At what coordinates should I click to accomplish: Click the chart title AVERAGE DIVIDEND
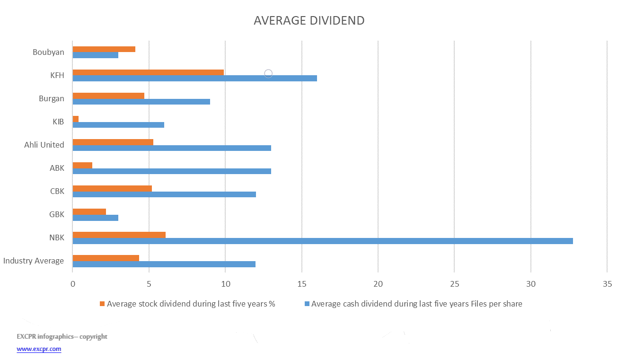(309, 21)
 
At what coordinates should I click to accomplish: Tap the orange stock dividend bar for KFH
(148, 72)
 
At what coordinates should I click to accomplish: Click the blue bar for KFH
(194, 79)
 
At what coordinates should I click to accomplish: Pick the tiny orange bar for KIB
(76, 119)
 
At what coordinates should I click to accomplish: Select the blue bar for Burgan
(141, 102)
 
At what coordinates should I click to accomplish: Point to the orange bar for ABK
(82, 165)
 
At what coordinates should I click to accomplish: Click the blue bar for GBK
(95, 218)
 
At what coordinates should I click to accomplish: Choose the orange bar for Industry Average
(106, 258)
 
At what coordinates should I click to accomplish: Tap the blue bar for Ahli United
(171, 148)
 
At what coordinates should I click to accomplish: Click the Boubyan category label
(48, 52)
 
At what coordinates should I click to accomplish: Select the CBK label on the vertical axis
(57, 192)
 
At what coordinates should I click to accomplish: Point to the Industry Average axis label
(33, 261)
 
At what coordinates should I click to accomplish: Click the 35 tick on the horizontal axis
(608, 284)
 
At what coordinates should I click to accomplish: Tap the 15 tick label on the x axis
(302, 284)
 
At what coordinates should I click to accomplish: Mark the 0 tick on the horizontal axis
(72, 284)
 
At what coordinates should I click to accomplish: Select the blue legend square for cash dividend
(307, 304)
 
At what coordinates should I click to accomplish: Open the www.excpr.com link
(39, 349)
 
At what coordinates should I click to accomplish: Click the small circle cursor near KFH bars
(268, 73)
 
